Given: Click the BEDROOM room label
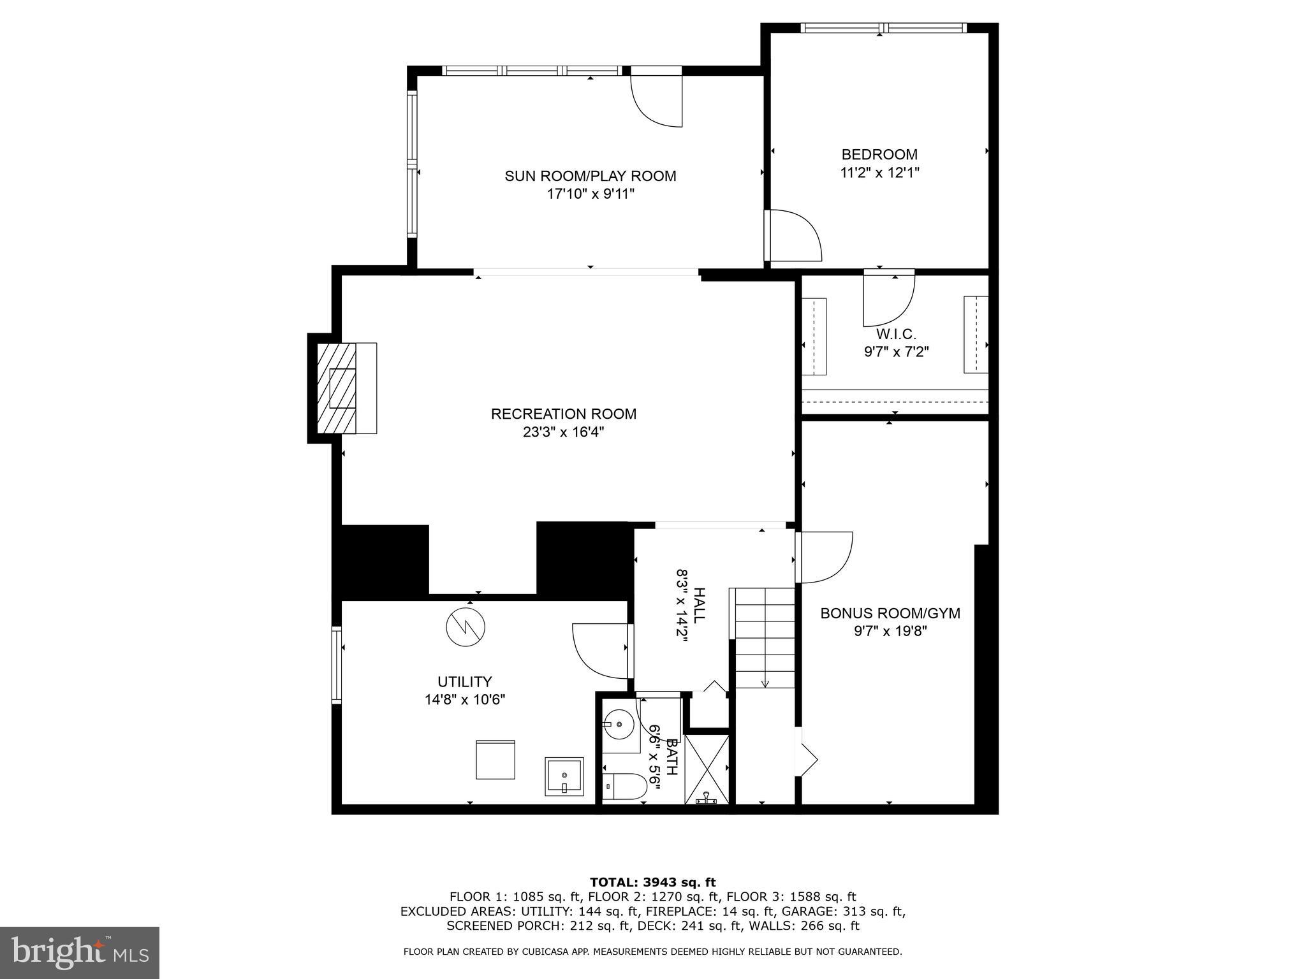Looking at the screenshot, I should (879, 154).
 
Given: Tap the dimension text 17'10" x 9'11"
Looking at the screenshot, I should (591, 194).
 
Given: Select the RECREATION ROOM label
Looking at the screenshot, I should (563, 414).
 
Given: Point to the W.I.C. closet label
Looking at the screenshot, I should (896, 334).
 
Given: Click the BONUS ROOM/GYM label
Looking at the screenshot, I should (890, 613).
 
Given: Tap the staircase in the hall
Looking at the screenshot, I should (765, 637).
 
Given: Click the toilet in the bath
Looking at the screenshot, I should (625, 785).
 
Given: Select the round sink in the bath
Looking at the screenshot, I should (618, 725).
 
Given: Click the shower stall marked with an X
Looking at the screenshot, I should (707, 768).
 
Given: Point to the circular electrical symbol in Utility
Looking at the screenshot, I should (465, 627).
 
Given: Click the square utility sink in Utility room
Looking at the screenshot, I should (564, 776).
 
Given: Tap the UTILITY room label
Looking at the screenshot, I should (464, 681).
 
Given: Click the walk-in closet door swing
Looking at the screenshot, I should (889, 298).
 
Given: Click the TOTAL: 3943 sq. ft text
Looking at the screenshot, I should (652, 882).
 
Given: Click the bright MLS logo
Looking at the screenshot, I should (79, 952).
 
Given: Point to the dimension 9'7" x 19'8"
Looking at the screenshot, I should (890, 631).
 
